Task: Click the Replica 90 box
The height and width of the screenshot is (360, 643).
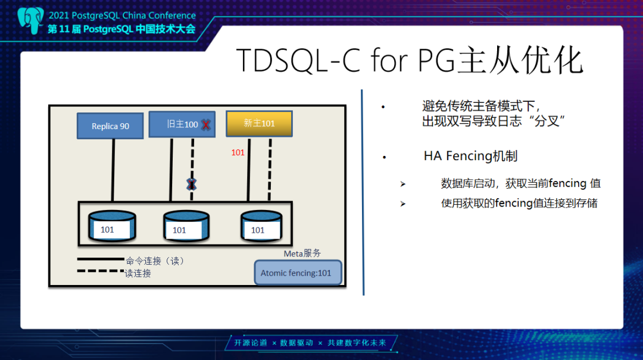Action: pos(110,126)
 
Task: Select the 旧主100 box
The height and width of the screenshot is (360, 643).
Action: pos(182,124)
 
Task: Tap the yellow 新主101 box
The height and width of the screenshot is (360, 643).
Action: pos(259,123)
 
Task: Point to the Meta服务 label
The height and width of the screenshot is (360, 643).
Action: pos(302,253)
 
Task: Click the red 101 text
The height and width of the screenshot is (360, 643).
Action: pos(238,152)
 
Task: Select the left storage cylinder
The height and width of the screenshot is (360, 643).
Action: pos(111,226)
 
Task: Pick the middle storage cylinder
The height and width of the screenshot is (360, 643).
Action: pos(186,226)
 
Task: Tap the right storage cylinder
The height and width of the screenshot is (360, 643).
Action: pos(261,226)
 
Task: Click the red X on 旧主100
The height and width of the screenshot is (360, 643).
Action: pos(206,125)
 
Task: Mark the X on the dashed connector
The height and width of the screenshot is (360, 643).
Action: pos(191,184)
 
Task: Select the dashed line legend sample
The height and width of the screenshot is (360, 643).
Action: pos(100,271)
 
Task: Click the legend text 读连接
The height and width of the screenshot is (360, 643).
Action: pos(138,273)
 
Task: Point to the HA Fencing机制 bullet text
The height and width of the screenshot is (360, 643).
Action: pos(470,156)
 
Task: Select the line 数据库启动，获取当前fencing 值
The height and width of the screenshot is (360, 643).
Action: pos(521,183)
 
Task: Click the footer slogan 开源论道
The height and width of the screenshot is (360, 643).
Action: pos(250,343)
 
